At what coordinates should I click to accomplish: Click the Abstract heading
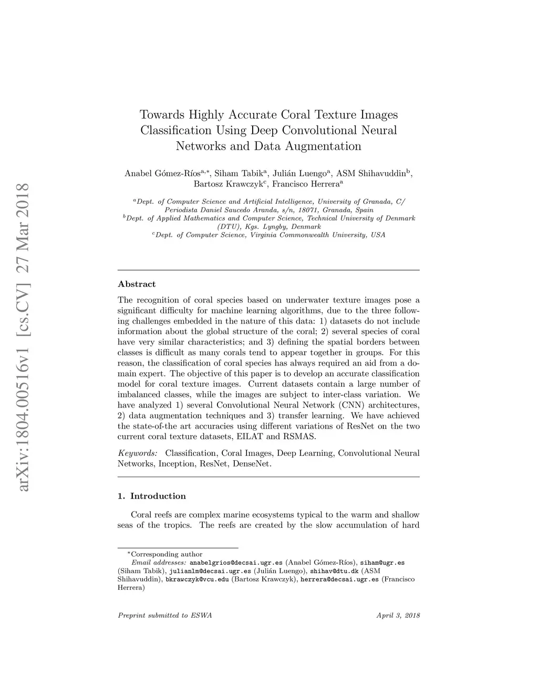tap(137, 284)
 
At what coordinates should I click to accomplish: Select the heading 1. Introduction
tap(152, 496)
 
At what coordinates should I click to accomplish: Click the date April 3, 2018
tap(398, 616)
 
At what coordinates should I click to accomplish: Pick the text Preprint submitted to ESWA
tap(164, 616)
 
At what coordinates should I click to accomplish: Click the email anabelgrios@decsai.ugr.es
tap(236, 563)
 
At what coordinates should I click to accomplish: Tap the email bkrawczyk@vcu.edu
tap(197, 579)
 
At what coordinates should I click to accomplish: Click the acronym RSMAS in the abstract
tap(299, 437)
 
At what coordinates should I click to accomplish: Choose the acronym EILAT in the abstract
tap(251, 437)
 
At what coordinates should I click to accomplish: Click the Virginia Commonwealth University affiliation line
tap(268, 235)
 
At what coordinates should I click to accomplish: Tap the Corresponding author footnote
tap(164, 554)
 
